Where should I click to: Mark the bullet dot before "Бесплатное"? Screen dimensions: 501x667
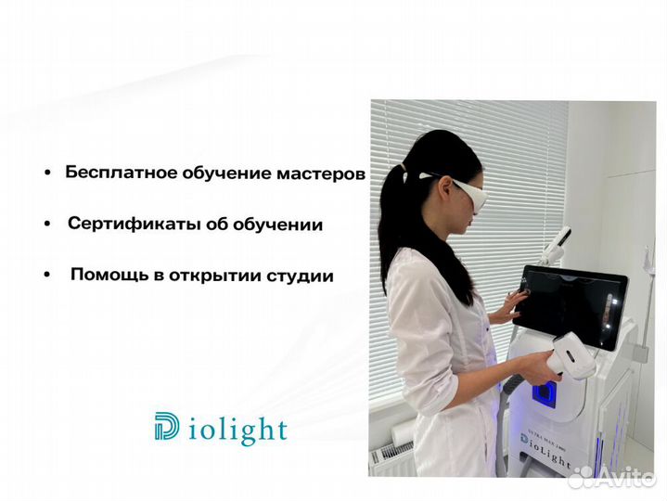click(46, 173)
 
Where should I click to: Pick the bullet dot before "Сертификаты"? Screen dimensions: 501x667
click(46, 225)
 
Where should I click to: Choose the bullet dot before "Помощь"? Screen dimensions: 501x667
click(46, 276)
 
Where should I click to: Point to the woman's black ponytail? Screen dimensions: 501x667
click(395, 213)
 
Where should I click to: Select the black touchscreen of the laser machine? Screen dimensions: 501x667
click(571, 305)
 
